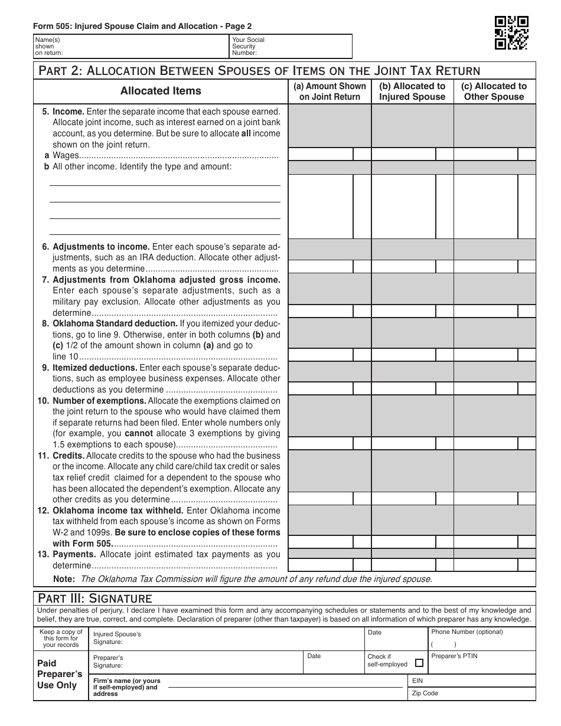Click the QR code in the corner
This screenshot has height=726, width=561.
click(511, 32)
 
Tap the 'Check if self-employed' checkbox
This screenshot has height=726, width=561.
click(419, 663)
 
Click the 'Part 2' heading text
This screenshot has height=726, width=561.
click(259, 71)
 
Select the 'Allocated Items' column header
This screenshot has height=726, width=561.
click(161, 91)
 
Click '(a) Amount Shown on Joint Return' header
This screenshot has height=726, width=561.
click(330, 91)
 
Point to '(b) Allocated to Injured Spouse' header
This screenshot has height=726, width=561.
click(412, 91)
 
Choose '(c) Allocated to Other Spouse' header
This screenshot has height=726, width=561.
click(494, 91)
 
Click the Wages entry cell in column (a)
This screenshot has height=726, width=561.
click(320, 155)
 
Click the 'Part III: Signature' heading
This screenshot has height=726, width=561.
click(95, 599)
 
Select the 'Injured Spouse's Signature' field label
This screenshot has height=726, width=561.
click(117, 638)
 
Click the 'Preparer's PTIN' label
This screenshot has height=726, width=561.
click(454, 656)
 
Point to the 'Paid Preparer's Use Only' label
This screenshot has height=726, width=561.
click(57, 674)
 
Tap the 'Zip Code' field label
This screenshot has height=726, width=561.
click(425, 694)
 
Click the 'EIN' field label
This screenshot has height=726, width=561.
click(418, 681)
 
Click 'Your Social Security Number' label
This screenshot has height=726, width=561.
click(248, 46)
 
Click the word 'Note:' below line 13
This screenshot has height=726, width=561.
click(64, 579)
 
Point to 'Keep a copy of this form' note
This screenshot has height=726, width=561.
click(61, 638)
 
